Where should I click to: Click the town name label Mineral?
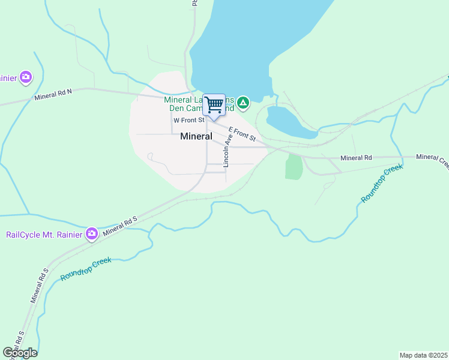pyautogui.click(x=196, y=136)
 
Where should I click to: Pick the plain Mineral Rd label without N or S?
pyautogui.click(x=356, y=158)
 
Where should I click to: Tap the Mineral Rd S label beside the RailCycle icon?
pyautogui.click(x=120, y=225)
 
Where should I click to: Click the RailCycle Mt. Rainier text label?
pyautogui.click(x=44, y=234)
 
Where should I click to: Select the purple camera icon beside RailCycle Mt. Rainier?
pyautogui.click(x=91, y=233)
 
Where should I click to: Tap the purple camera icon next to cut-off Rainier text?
pyautogui.click(x=25, y=77)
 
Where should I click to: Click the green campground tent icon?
pyautogui.click(x=243, y=103)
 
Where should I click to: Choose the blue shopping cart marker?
pyautogui.click(x=214, y=106)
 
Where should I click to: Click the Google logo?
pyautogui.click(x=20, y=353)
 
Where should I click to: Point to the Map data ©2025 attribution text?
pyautogui.click(x=423, y=355)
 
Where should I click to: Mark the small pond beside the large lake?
pyautogui.click(x=291, y=121)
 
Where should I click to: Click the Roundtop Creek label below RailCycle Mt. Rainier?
pyautogui.click(x=85, y=269)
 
